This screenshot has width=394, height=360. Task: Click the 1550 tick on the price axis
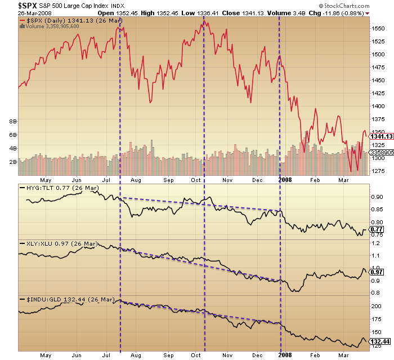[379, 28]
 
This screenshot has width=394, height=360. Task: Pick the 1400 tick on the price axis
[379, 106]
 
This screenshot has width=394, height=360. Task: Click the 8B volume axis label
[11, 122]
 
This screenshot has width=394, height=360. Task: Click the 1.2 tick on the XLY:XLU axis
[375, 243]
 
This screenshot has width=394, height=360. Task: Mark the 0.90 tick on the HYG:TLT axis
[377, 197]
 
